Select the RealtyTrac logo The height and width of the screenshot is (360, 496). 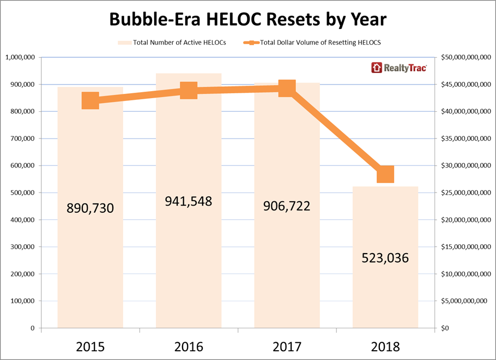pos(399,68)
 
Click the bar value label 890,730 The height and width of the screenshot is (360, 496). pos(90,208)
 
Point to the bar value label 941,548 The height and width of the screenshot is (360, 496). pos(189,201)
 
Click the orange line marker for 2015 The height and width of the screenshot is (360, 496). pos(90,101)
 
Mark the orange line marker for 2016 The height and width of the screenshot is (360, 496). pos(189,91)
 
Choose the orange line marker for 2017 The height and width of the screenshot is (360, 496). pos(287,88)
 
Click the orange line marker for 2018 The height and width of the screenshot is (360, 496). pos(385,174)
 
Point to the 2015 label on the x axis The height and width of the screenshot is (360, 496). pos(90,346)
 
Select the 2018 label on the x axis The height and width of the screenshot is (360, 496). pos(385,346)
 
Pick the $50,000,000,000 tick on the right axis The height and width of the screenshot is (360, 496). pos(466,58)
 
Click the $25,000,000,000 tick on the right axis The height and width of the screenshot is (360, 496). pos(466,193)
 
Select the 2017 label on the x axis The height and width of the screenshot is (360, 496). pos(287,346)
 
